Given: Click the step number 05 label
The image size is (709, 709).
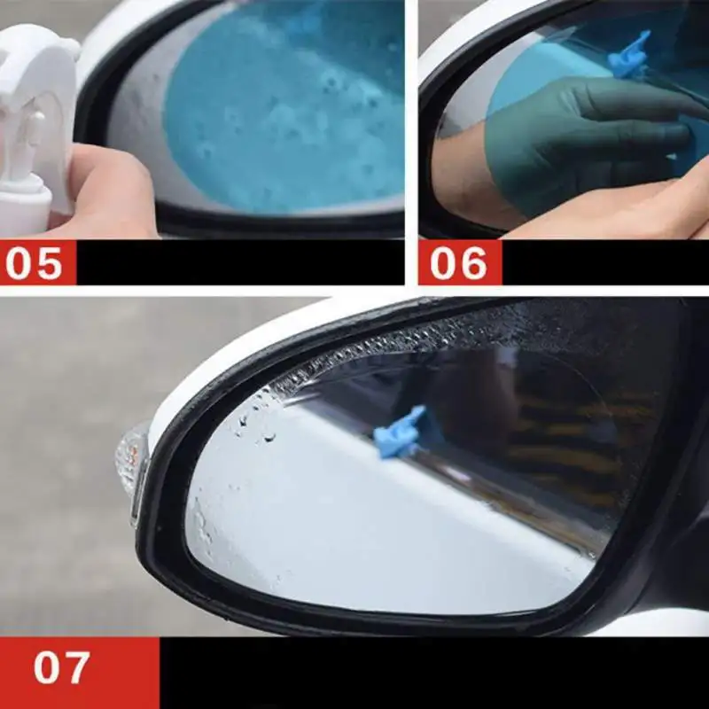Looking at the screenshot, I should (37, 262).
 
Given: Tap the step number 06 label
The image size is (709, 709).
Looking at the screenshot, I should (459, 262).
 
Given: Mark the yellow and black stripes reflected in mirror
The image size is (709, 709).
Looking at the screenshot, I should (567, 443).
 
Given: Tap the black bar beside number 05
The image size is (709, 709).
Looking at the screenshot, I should (239, 262).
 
